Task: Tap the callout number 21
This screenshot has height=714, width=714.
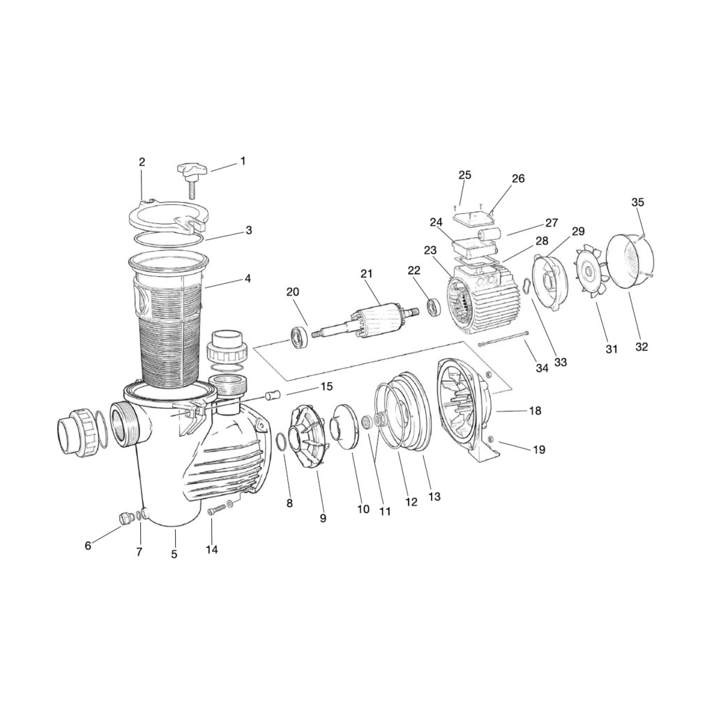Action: [x=367, y=273]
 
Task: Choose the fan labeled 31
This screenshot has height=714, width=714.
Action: [x=589, y=273]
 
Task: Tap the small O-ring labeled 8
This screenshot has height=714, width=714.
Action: [x=282, y=441]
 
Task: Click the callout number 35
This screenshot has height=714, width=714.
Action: [x=638, y=202]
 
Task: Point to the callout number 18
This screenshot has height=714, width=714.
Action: [x=535, y=411]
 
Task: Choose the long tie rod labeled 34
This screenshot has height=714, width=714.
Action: [x=503, y=340]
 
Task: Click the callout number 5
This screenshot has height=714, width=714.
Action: [x=174, y=554]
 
